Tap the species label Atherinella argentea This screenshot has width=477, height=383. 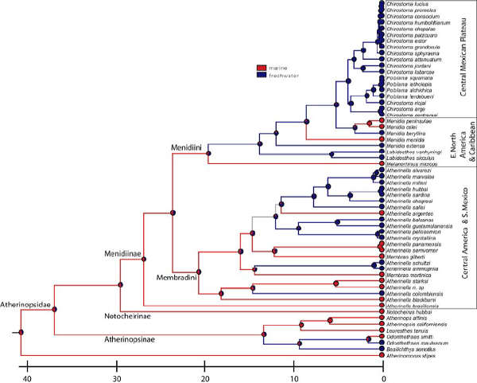click(407, 213)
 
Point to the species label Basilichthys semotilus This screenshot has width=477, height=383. click(406, 349)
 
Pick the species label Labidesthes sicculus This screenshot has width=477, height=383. click(407, 157)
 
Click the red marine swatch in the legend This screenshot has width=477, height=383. click(260, 68)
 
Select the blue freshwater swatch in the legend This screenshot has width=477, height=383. click(260, 75)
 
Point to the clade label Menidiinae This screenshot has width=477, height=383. click(121, 252)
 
